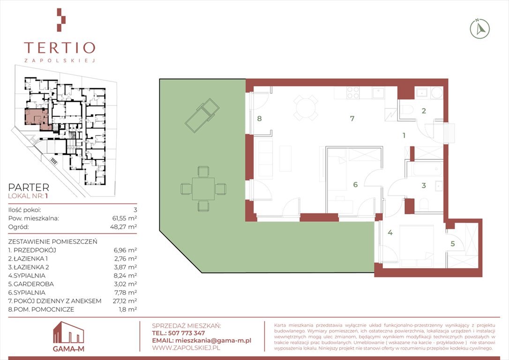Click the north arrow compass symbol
coord(480,29)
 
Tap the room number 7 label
coord(352,119)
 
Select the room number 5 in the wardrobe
coord(452,243)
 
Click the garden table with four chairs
coord(203,189)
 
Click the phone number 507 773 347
coord(187,333)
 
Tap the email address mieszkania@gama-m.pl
coord(213,340)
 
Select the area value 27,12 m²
coord(125,301)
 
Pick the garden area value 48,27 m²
coord(123,227)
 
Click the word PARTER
coord(29,187)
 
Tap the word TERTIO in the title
coord(60,48)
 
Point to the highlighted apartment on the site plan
coord(37,119)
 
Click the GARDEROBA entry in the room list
coord(31,284)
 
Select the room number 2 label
coord(424,111)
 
